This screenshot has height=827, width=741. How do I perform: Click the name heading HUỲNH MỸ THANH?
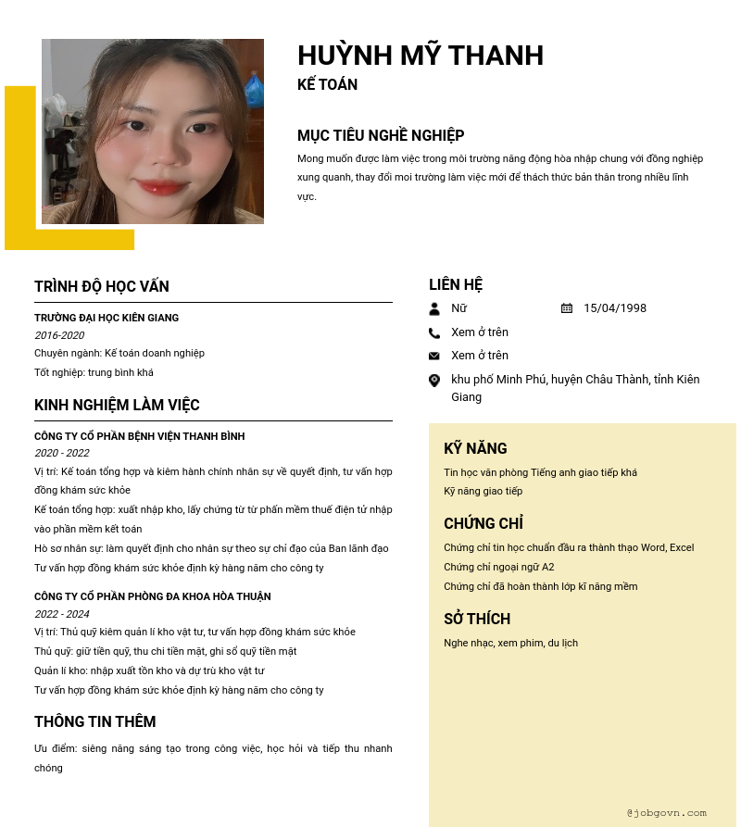[421, 56]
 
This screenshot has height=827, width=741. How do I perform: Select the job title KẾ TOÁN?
[327, 84]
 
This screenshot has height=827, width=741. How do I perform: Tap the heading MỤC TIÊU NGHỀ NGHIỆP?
[381, 135]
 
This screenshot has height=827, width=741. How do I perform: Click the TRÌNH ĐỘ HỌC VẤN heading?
[102, 286]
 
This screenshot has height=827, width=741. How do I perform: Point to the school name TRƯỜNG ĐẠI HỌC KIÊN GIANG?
[107, 318]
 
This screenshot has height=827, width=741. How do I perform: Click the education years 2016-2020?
[59, 335]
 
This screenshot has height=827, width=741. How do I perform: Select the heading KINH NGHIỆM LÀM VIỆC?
[117, 405]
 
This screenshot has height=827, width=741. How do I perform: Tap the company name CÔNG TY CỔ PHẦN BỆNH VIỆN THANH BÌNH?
[140, 436]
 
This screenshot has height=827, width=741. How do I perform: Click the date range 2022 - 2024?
[62, 614]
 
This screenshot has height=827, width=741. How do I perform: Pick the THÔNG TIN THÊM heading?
[95, 721]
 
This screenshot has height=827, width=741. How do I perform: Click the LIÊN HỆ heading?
[456, 284]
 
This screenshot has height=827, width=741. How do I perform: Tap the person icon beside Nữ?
[434, 308]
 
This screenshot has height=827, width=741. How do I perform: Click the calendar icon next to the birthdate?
[567, 308]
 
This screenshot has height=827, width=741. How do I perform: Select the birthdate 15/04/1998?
[615, 308]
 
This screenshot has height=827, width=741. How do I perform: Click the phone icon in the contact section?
[434, 332]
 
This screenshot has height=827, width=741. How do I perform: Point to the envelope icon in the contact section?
[434, 356]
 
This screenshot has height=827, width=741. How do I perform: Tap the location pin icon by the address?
[434, 380]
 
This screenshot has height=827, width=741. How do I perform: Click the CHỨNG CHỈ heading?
[484, 523]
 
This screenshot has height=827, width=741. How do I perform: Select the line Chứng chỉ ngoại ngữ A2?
[499, 567]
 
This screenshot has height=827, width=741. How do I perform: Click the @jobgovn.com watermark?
[666, 812]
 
